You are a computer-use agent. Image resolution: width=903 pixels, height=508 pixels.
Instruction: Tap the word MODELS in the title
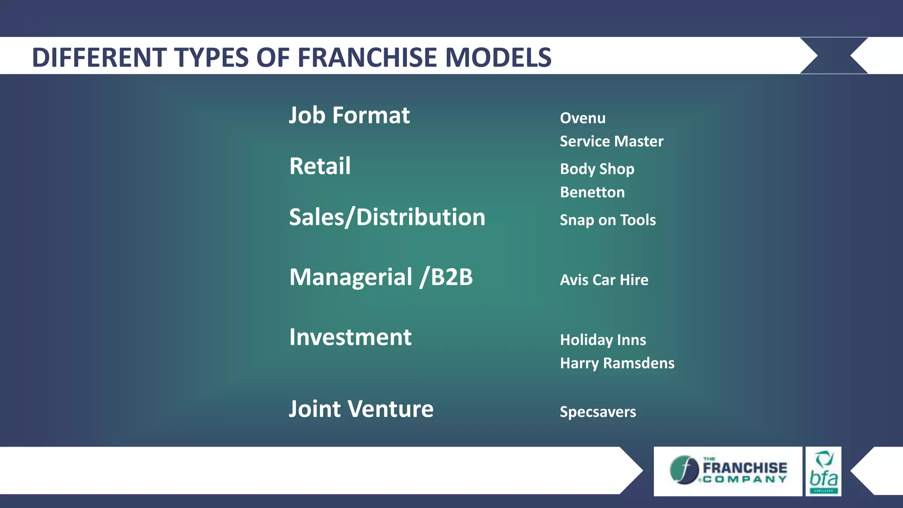(498, 57)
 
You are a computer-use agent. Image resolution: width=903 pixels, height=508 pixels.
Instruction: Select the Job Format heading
(349, 116)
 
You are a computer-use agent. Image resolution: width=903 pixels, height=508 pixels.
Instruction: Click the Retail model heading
(320, 166)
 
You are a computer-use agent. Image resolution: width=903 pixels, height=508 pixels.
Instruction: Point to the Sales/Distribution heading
(387, 217)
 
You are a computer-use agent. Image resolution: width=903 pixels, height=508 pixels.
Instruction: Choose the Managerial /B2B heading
(381, 277)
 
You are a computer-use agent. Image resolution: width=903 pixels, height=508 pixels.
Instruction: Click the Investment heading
(350, 337)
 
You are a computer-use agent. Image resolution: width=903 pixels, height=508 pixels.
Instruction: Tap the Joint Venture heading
(361, 409)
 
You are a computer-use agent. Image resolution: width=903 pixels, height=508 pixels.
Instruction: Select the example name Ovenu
(582, 118)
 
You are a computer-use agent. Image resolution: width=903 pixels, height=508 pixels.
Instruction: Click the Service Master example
(612, 142)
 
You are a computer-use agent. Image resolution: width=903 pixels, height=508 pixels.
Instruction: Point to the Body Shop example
(597, 169)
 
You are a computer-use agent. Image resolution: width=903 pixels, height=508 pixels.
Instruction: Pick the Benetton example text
(592, 193)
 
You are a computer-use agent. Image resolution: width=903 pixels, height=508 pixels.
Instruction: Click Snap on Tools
(608, 220)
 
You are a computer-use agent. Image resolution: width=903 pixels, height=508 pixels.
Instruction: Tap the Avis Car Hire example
(604, 280)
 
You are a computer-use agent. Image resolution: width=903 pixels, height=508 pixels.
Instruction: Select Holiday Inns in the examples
(603, 340)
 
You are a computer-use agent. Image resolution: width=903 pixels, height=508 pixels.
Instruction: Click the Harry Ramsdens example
(617, 363)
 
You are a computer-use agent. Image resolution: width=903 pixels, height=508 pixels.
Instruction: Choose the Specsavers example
(598, 412)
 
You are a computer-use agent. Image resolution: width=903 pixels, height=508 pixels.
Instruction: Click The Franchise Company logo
(728, 471)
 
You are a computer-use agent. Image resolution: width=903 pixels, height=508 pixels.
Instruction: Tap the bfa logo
(823, 471)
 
